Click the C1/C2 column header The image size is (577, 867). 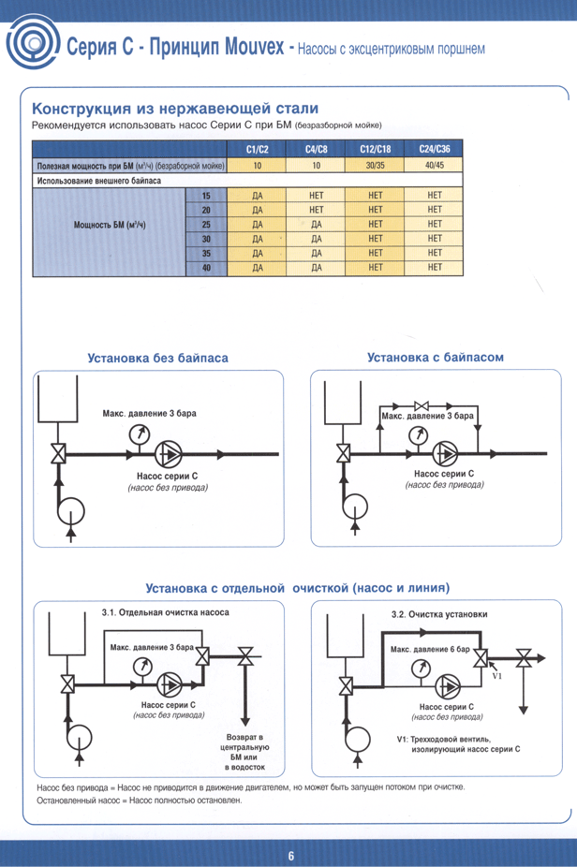[257, 149]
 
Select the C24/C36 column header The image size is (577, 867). [434, 149]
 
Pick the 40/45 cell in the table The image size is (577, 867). [434, 165]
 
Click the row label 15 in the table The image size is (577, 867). [206, 195]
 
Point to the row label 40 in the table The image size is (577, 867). [206, 268]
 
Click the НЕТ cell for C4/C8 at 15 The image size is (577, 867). [316, 195]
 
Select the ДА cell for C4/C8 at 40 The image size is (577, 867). [316, 268]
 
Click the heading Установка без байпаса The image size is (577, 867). [157, 358]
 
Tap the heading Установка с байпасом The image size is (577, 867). [436, 357]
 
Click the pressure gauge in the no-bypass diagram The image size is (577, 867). [140, 433]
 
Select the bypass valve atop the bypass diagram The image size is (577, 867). [420, 405]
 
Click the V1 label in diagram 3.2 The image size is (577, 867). [497, 675]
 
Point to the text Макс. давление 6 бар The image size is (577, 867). [429, 650]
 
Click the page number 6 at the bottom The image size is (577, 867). [290, 855]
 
